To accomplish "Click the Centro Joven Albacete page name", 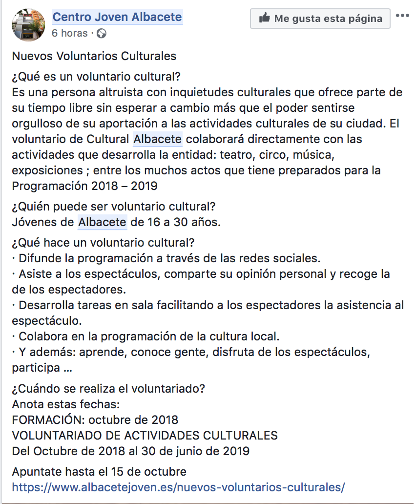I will tap(117, 18).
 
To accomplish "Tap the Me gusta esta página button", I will tap(320, 19).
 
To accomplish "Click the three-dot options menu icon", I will tap(402, 16).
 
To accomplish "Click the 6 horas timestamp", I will tap(70, 33).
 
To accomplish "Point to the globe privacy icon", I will tap(102, 34).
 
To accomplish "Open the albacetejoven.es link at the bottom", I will tap(178, 487).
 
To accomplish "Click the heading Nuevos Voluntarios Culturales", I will tap(94, 56).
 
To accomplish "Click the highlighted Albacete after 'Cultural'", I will tap(158, 139).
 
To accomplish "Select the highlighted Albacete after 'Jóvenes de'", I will tap(103, 223).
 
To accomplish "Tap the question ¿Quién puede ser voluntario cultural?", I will tap(114, 207).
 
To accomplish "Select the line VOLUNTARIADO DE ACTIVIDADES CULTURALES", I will tap(145, 436).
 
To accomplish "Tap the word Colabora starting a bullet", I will tap(41, 336).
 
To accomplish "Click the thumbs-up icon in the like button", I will tap(264, 19).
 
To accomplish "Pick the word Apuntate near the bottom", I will tap(35, 472).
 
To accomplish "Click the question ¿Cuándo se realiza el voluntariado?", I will tap(108, 389).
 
